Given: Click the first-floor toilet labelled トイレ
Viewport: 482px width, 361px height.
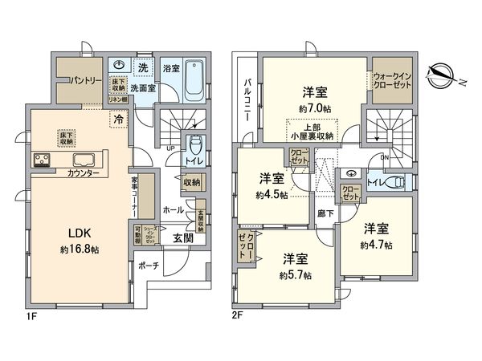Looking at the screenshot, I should tap(194, 150).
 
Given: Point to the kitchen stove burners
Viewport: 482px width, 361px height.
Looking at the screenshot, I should tap(42, 160).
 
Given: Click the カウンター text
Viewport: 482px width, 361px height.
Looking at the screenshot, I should tap(84, 173).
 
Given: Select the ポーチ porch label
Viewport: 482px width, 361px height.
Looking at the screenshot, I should tap(148, 265).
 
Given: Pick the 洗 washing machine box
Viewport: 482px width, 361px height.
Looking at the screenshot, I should tap(142, 67).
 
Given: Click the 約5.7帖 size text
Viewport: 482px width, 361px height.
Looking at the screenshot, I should tap(296, 275).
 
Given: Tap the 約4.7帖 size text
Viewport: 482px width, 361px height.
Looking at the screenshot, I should tap(376, 245).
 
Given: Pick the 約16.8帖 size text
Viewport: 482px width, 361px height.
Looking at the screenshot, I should tap(78, 249).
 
